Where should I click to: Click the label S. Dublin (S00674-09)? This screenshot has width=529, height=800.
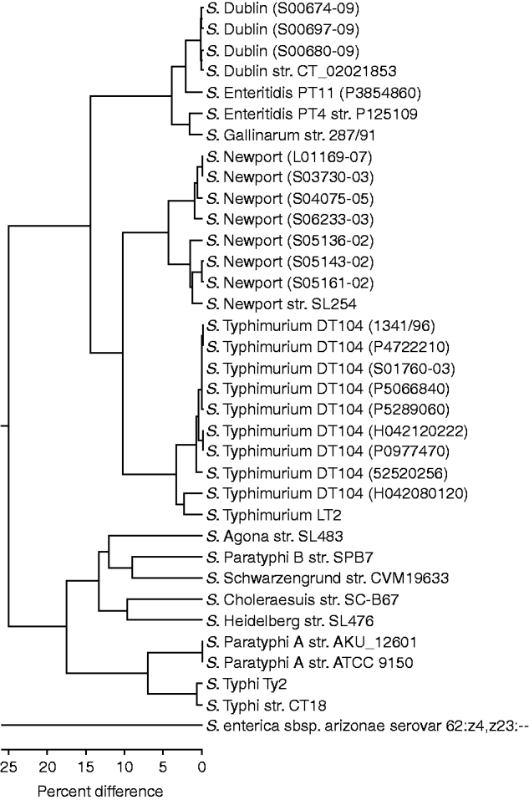click(x=283, y=8)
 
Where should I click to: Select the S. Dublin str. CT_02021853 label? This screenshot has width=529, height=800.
click(x=302, y=71)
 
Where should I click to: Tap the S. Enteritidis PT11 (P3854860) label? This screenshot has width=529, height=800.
click(x=313, y=92)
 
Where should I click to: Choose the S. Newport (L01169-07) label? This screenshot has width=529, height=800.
click(x=290, y=156)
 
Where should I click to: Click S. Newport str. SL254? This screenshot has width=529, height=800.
click(x=282, y=304)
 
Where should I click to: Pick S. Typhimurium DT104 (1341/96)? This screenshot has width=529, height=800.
click(x=321, y=325)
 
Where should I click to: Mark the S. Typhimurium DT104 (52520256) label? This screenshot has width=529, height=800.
click(x=327, y=473)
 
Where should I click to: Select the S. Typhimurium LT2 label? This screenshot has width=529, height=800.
click(x=274, y=515)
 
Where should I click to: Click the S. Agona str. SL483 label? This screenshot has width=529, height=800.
click(x=275, y=536)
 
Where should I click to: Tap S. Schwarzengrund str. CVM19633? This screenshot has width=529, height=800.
click(x=328, y=578)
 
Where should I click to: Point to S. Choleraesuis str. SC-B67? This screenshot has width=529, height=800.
click(x=303, y=599)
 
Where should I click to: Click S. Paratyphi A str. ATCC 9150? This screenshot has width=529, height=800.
click(x=310, y=663)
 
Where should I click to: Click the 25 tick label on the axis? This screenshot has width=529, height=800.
click(x=8, y=767)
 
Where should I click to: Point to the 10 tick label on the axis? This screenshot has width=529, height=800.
click(x=125, y=767)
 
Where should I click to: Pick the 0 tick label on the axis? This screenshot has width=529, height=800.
click(x=202, y=767)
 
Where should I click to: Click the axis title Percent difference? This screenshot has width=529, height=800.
click(x=100, y=792)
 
